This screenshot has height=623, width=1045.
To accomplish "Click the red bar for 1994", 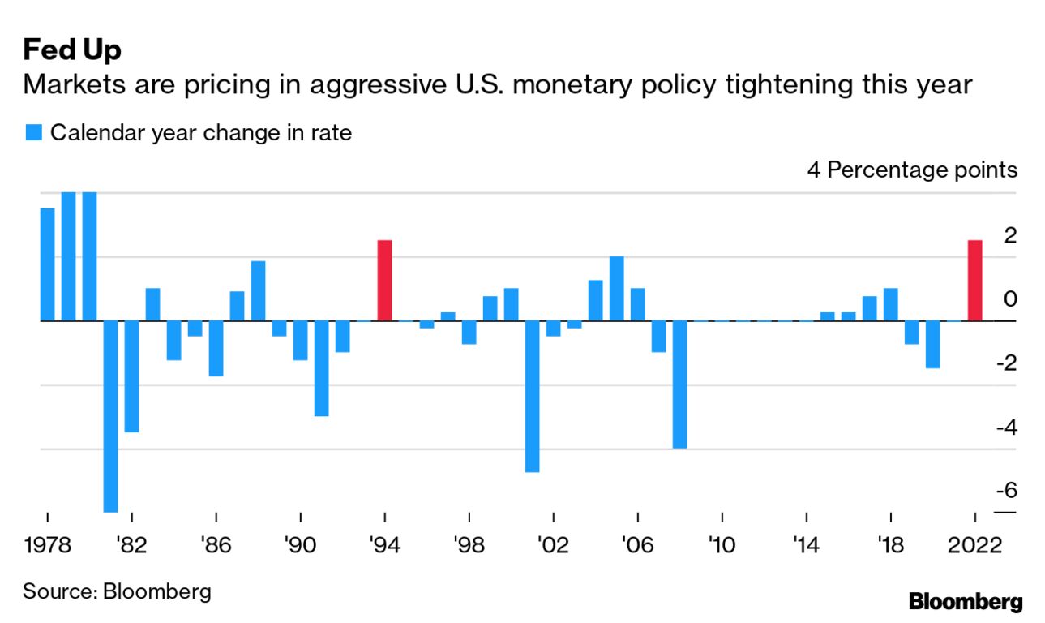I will [385, 281].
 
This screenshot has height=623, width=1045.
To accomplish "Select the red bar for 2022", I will [974, 281].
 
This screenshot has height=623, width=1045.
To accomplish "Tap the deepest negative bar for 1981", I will [111, 416].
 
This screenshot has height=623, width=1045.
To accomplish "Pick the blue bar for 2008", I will [680, 385].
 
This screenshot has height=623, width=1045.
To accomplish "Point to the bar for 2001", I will [533, 396].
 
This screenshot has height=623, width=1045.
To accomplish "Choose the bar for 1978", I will [48, 264].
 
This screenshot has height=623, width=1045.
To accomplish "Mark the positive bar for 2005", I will [617, 289].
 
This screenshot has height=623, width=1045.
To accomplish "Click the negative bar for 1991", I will [322, 368].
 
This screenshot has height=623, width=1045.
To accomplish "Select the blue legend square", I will [33, 133].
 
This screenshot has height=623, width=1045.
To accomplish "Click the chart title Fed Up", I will [72, 50].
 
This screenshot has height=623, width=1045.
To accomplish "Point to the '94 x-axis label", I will [384, 544].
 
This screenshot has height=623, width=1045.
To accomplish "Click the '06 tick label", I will [637, 544].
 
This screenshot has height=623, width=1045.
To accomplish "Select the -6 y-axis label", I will [1004, 491].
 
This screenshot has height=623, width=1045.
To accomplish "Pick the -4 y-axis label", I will [1004, 428].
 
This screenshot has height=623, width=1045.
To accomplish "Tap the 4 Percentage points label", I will [911, 171].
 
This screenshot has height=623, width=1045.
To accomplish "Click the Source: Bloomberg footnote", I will [117, 591].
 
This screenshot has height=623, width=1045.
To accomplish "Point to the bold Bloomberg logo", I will [966, 602].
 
